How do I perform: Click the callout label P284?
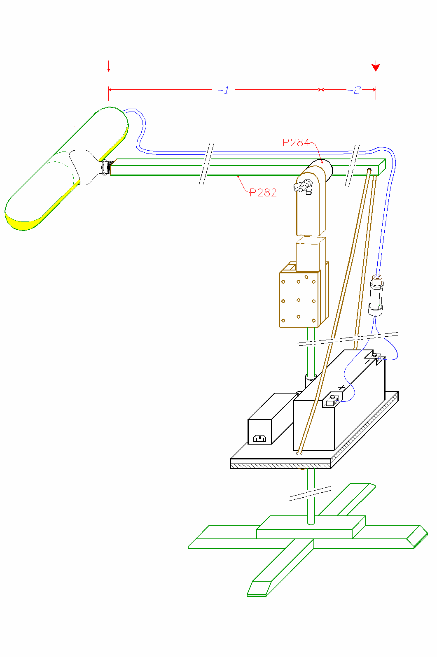coord(296,142)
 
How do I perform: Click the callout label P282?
coord(263,192)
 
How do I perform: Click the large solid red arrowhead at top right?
coord(376,67)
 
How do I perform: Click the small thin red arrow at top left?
coord(109,66)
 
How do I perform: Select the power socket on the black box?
coord(260,438)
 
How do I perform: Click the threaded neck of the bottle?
coord(106,167)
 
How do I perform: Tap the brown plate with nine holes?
coord(299,299)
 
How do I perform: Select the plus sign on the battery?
coord(341,387)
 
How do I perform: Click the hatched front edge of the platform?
coord(280,466)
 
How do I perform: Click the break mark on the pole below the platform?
coord(310,493)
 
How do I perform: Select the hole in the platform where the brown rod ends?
coord(299,453)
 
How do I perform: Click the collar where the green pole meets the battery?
coord(311,376)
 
